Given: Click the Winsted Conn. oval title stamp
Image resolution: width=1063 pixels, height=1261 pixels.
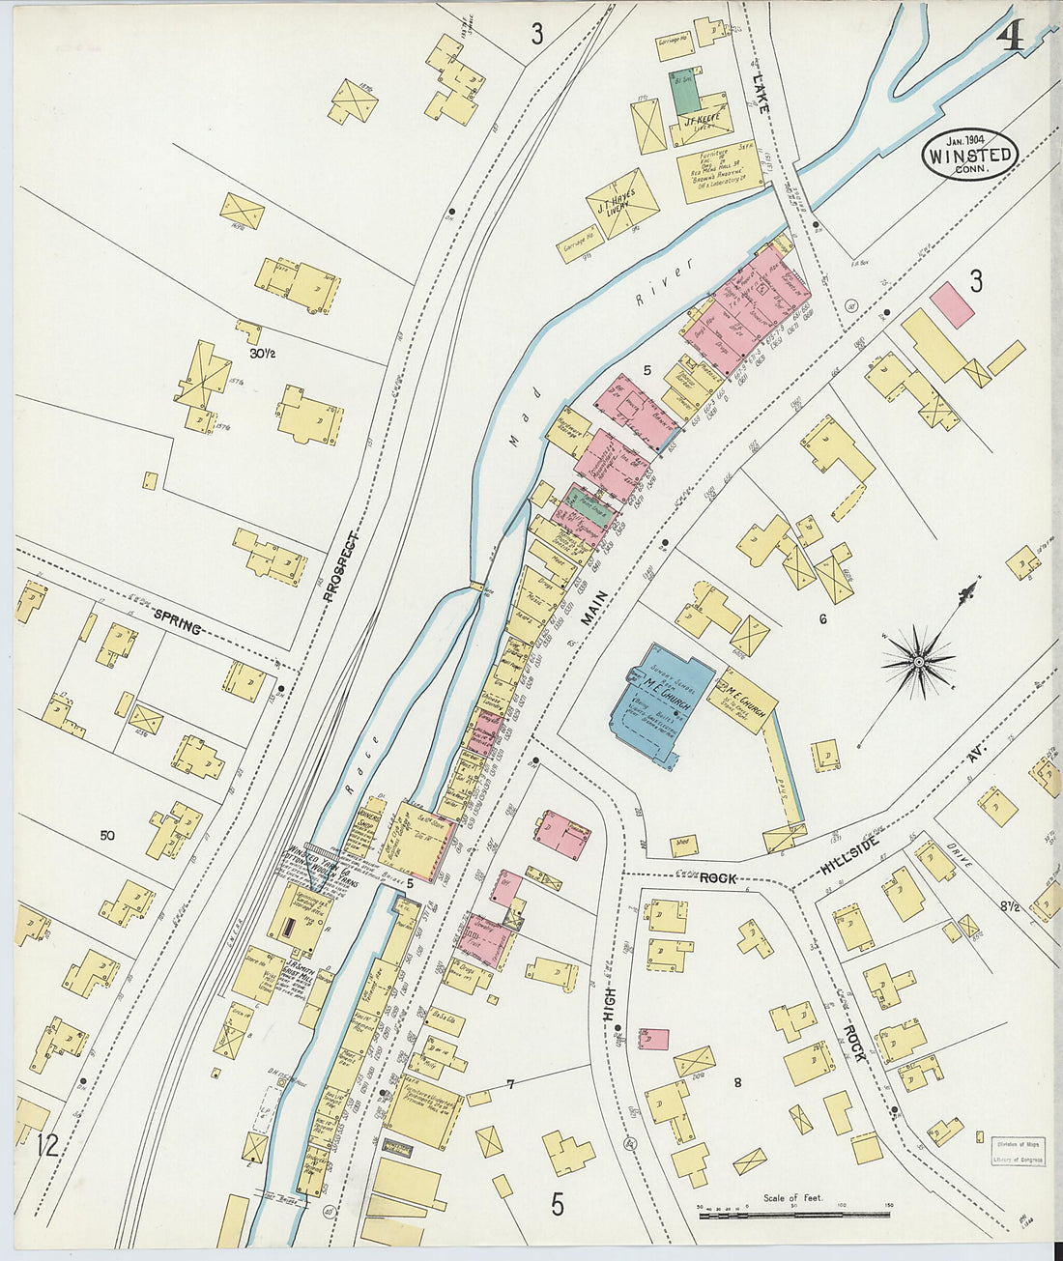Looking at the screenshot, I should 969,152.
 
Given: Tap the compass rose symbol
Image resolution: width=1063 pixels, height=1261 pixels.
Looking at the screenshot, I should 919,661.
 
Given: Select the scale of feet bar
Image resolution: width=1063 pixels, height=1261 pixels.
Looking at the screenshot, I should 793,1212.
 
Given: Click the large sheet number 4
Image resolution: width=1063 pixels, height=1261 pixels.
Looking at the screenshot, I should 1011,36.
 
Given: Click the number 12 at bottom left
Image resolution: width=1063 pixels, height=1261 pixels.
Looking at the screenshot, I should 46,1147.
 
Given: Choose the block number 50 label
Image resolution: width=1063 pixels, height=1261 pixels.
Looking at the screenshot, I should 107,835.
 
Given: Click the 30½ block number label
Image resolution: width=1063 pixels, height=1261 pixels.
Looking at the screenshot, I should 262,354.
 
